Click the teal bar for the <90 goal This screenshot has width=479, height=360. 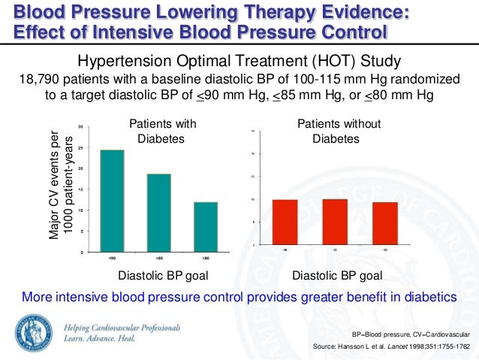[112, 201]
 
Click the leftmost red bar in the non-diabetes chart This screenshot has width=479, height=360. [285, 222]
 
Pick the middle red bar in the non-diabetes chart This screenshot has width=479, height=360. [334, 222]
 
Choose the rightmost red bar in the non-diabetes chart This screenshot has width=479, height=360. [385, 223]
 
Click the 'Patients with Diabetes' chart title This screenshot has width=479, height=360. [164, 132]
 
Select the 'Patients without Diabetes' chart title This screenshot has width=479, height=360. [339, 132]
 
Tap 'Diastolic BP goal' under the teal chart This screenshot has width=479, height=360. [163, 275]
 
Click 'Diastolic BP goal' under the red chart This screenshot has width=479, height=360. [337, 275]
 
